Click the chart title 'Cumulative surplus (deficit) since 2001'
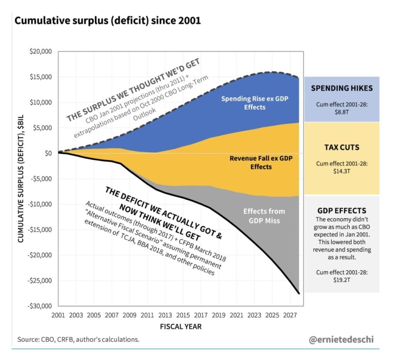(107, 20)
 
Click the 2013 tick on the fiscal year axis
(165, 315)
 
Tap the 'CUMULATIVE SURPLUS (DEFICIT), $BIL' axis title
(21, 179)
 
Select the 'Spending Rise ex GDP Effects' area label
(254, 102)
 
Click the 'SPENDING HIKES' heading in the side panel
(341, 88)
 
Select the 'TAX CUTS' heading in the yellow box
(341, 147)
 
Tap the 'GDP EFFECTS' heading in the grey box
(341, 211)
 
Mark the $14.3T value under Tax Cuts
(341, 170)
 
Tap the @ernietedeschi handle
(341, 339)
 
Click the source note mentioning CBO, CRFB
(78, 339)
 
